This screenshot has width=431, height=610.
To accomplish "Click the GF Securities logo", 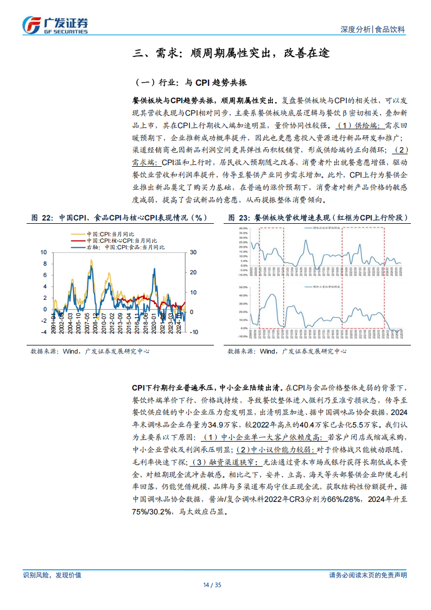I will tap(55, 24).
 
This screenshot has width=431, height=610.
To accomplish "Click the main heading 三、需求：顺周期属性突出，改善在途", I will tap(231, 53).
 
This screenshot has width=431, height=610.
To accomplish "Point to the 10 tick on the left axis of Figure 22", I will tap(44, 253).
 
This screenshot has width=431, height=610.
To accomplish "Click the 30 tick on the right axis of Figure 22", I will tap(193, 253).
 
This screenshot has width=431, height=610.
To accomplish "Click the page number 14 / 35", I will tap(215, 585).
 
